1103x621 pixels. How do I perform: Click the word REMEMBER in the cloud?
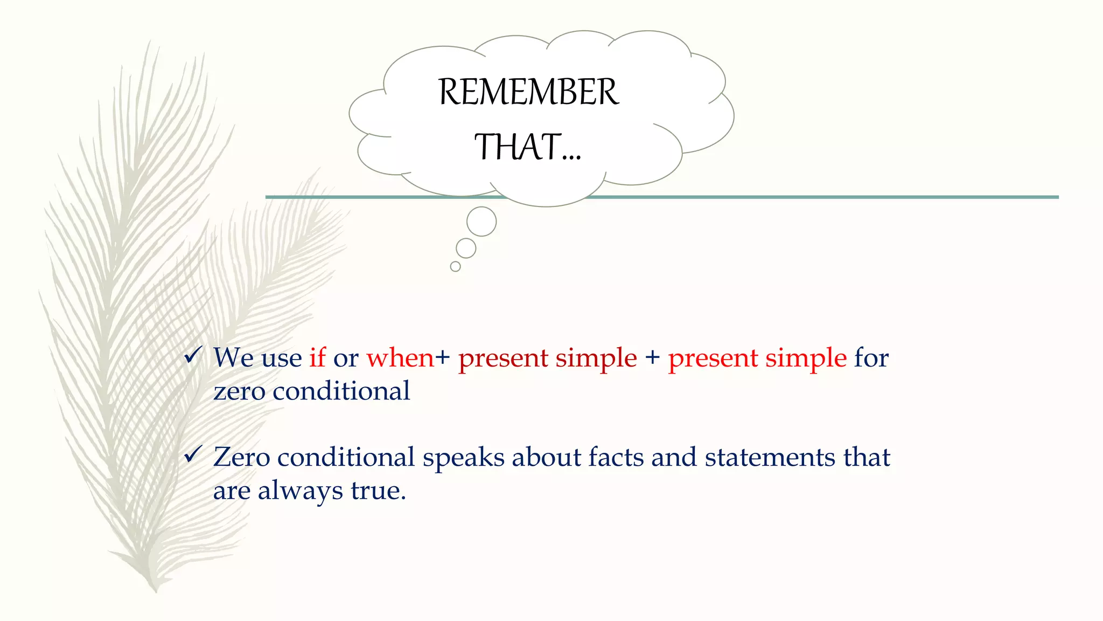[528, 92]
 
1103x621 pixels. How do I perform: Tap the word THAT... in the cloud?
[527, 147]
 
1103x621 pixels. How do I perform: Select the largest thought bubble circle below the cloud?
[481, 221]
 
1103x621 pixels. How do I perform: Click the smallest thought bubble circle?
[455, 266]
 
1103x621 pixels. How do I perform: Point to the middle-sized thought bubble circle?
[466, 249]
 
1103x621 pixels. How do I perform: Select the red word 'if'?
[317, 357]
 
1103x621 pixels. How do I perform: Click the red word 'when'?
[400, 357]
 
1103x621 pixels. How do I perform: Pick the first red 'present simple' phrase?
[547, 358]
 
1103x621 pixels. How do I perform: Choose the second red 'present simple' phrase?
[757, 358]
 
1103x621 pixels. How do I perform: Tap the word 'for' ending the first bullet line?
[871, 357]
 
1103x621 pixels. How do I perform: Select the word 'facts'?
[616, 457]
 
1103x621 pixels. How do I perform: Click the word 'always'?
[300, 491]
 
